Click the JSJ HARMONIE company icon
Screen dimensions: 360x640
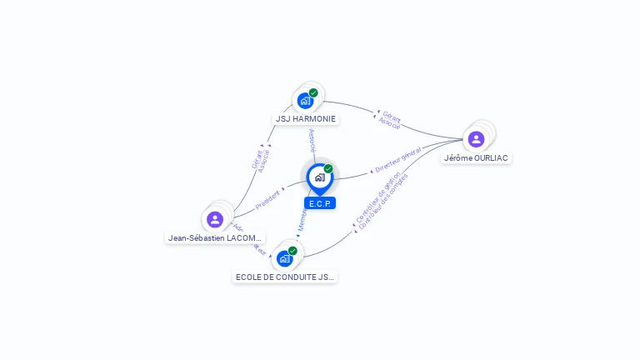305,101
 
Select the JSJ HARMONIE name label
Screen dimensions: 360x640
306,119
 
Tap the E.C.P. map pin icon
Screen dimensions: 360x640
319,177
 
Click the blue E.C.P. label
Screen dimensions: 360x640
320,203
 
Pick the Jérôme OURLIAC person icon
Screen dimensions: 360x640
476,139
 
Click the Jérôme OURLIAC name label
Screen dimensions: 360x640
476,158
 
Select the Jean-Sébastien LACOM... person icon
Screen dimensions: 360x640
215,219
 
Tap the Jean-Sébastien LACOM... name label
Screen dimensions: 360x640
216,238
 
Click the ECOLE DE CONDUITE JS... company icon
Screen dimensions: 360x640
285,258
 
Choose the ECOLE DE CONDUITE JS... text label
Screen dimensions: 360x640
285,277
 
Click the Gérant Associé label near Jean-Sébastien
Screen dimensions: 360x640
260,160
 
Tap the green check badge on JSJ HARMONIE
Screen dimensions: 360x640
313,92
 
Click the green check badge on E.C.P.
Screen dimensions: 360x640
328,168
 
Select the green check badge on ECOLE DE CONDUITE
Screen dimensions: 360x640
292,250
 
